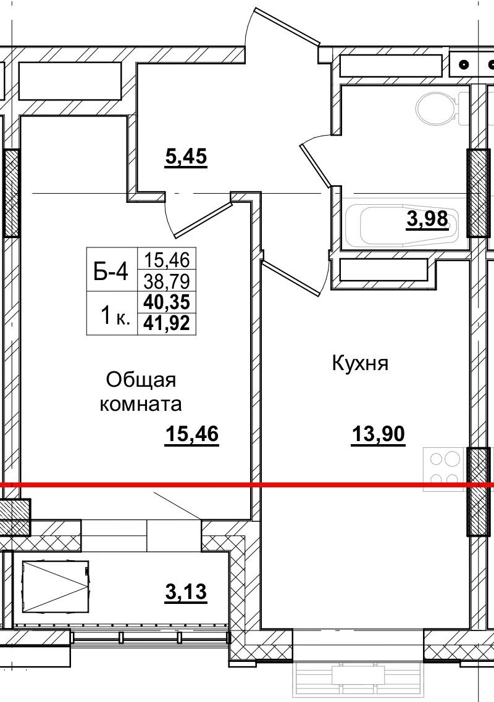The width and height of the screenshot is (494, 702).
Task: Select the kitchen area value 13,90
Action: coord(378,435)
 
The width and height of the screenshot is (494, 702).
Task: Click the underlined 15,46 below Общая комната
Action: coord(192,435)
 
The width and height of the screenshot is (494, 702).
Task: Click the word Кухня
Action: coord(360,364)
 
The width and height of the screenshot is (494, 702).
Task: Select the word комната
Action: coord(141,405)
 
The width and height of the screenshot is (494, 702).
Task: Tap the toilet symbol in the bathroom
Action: coord(438,109)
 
